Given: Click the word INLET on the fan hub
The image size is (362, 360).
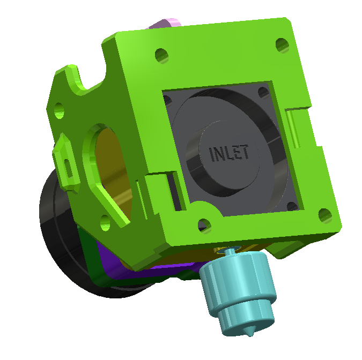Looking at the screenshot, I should (230, 153).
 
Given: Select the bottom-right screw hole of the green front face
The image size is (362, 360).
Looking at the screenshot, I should (324, 215).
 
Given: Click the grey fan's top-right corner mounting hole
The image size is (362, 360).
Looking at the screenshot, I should (264, 93).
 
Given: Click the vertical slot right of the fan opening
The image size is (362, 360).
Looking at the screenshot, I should (292, 129).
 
